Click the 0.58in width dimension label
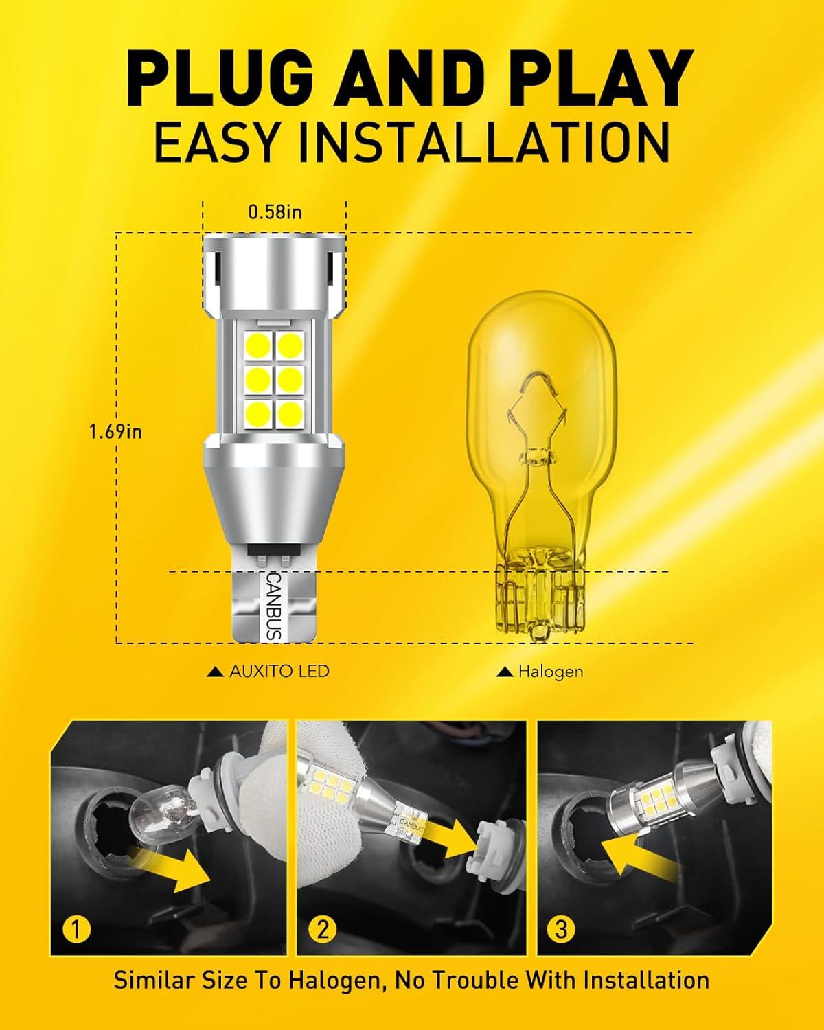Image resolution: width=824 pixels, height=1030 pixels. (x=275, y=212)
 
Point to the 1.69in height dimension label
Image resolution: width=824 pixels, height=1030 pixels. (x=116, y=432)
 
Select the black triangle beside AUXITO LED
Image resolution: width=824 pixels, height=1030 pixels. (x=216, y=672)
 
